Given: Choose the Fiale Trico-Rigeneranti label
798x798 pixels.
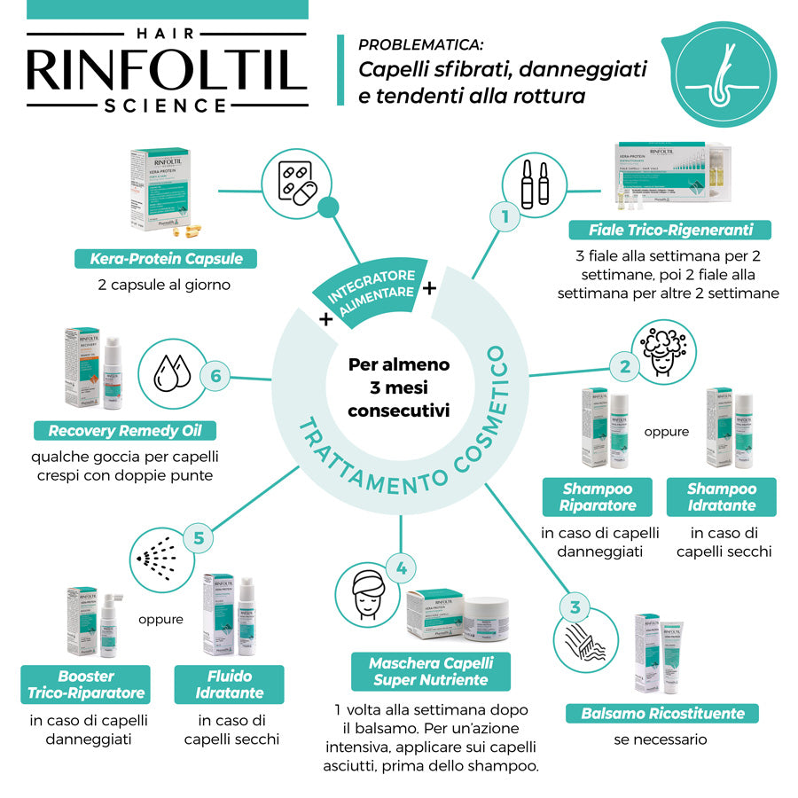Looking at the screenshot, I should [x=670, y=231].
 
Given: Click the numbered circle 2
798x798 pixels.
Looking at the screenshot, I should [x=625, y=365].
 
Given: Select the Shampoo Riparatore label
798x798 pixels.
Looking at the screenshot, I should [x=598, y=497].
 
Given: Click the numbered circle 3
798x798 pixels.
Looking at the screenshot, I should [x=575, y=607].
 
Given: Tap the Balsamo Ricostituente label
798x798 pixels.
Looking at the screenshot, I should [x=663, y=713].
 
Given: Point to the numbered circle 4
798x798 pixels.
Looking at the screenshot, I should [x=401, y=569].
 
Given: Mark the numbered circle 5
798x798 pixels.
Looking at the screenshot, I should [x=199, y=537].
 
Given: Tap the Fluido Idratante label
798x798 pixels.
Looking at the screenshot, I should [x=230, y=685].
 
